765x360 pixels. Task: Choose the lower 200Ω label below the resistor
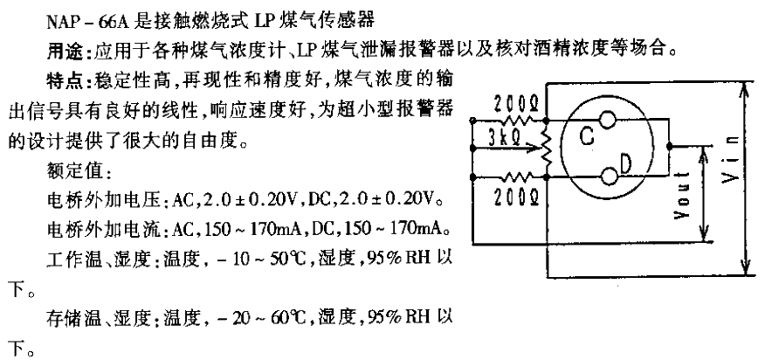(x=516, y=197)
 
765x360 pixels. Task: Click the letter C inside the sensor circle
(x=587, y=136)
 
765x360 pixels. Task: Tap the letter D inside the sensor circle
(x=625, y=165)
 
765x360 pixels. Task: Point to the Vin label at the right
(x=731, y=160)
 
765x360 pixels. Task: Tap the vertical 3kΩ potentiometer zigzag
(x=547, y=148)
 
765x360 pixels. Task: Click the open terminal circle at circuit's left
(x=472, y=120)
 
